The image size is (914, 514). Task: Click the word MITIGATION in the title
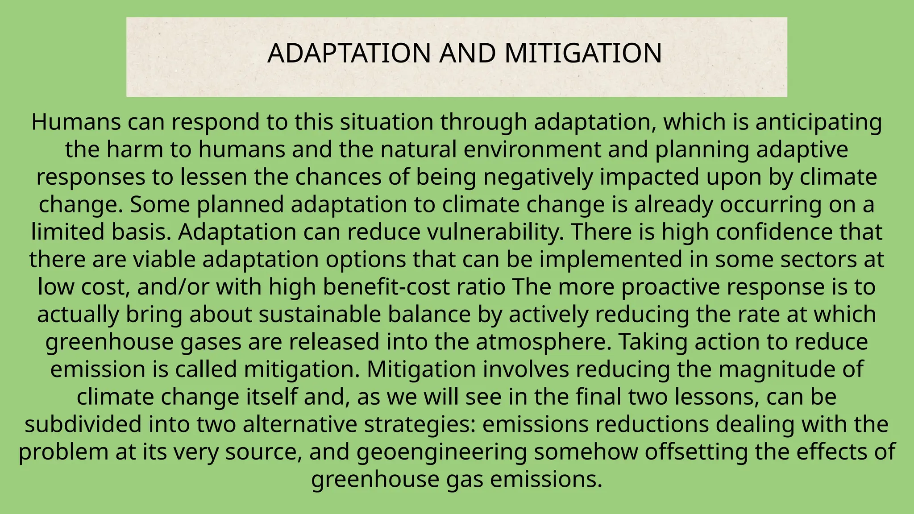click(583, 53)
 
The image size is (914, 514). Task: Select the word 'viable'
click(165, 260)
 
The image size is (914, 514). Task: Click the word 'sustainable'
click(320, 315)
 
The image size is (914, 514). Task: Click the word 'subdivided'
click(83, 424)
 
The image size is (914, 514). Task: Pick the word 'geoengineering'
click(442, 452)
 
